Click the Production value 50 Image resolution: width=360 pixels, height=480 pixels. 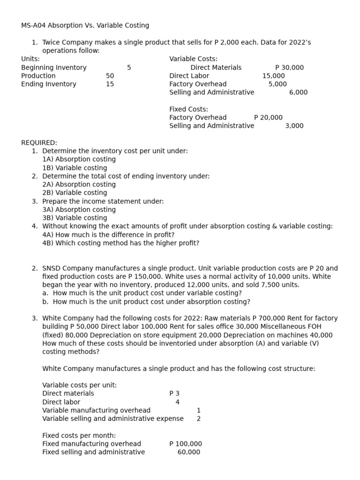pos(110,76)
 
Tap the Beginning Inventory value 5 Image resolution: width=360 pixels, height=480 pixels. pos(129,67)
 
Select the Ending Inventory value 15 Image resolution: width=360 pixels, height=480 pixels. pos(110,84)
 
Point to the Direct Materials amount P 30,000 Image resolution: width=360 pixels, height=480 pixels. pos(289,67)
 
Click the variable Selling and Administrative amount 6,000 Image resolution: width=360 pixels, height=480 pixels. pos(298,92)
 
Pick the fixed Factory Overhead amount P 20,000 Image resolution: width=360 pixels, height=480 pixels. pos(268,118)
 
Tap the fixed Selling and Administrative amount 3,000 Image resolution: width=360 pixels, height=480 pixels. pos(294,126)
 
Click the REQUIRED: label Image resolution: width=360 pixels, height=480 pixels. pos(39,142)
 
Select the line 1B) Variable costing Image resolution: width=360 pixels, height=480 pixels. pos(75,168)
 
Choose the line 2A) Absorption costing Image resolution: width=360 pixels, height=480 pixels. pos(79,184)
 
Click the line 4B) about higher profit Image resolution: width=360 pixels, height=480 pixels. pos(120,243)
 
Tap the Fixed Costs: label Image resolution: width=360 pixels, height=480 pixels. pos(188,109)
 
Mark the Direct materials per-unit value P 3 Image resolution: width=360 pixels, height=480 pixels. pos(174,394)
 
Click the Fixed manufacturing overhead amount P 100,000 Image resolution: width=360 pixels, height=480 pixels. pos(186,444)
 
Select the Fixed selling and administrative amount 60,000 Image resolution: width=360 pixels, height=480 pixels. pos(188,452)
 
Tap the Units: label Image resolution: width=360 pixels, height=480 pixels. pos(30,59)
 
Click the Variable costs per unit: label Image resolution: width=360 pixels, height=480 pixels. pos(79,385)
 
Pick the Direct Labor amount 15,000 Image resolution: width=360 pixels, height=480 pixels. pos(273,76)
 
